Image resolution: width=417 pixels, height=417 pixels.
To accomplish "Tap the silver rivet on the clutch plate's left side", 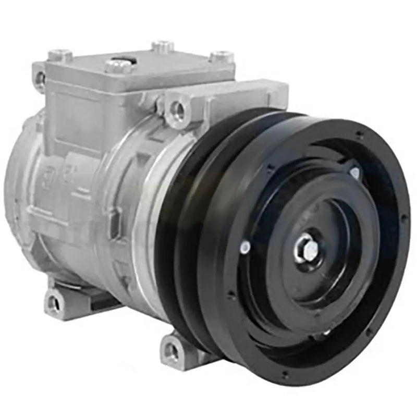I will (244, 248).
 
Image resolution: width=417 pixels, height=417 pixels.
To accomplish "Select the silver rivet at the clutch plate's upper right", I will (354, 172).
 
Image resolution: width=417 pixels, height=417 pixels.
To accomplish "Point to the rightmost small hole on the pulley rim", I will (404, 217).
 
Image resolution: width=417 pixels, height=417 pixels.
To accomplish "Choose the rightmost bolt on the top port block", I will (222, 56).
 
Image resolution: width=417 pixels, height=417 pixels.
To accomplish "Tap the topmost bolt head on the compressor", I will (163, 46).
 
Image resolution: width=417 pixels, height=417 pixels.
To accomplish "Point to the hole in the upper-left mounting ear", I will (40, 78).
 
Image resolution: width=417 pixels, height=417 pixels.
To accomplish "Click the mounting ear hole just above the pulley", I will (177, 109).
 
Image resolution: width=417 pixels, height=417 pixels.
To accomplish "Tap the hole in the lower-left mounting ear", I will (53, 302).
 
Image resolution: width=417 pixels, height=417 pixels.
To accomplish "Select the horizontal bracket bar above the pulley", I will (245, 94).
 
